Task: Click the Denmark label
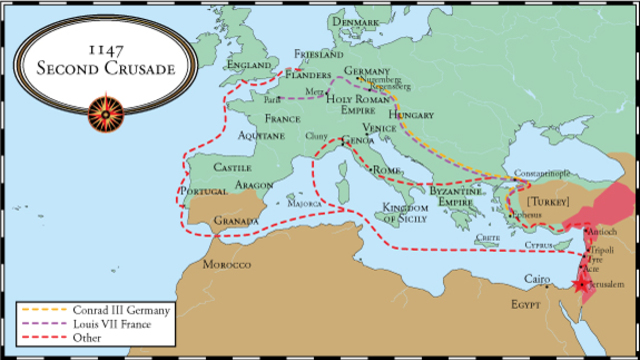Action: pos(357,22)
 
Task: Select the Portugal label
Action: pos(200,191)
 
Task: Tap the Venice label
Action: pos(379,129)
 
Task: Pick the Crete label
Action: pos(488,238)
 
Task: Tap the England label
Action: pos(249,66)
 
